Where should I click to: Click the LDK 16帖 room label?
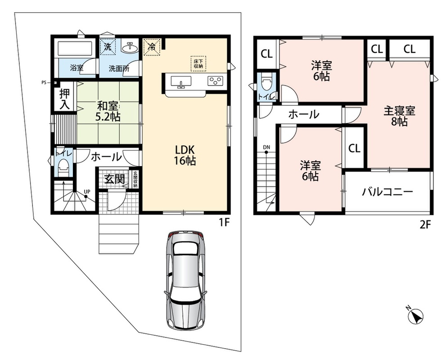click(x=185, y=155)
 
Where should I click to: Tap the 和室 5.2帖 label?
click(x=108, y=112)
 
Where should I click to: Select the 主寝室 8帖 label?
click(x=399, y=116)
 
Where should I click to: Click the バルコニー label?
click(x=387, y=192)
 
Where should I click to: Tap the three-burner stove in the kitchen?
click(x=216, y=81)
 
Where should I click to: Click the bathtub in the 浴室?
click(x=75, y=48)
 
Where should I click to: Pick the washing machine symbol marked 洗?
click(x=108, y=46)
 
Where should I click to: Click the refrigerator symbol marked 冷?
click(x=152, y=46)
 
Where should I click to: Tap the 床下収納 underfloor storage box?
click(x=198, y=63)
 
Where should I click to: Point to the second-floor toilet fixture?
click(x=266, y=82)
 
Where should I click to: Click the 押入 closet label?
click(x=64, y=99)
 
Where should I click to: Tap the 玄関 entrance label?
click(x=114, y=179)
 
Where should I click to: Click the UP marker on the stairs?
click(x=87, y=192)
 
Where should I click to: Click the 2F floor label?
click(x=425, y=225)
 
